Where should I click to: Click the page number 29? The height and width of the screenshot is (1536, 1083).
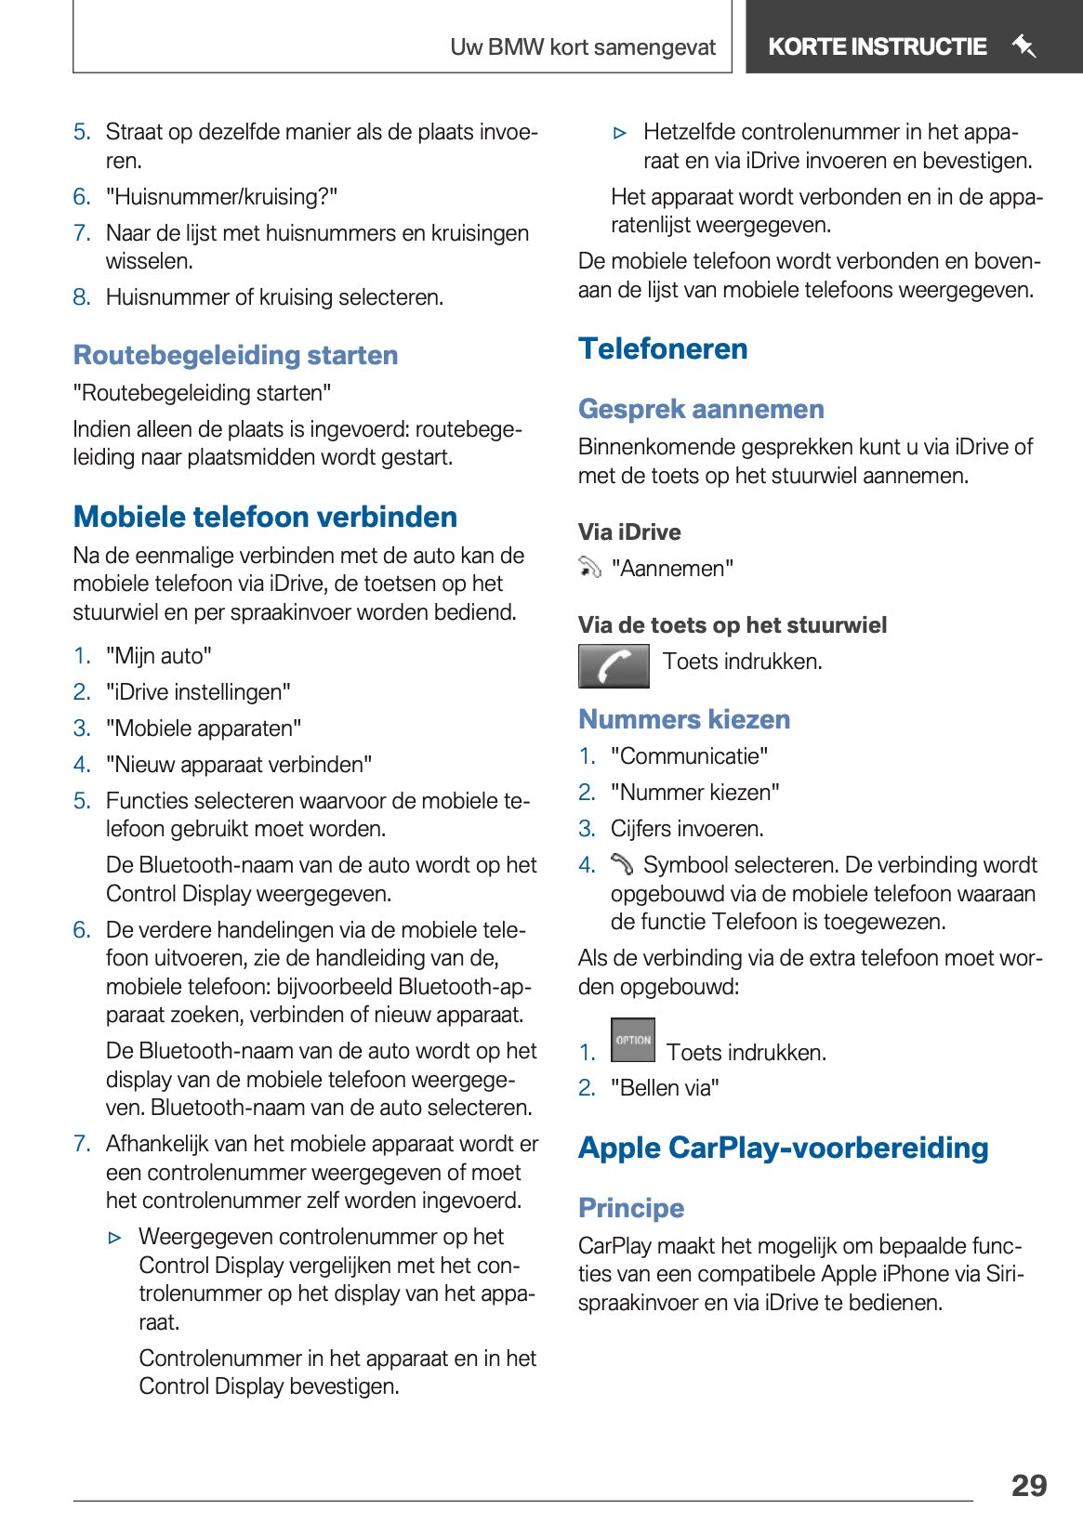pyautogui.click(x=1028, y=1485)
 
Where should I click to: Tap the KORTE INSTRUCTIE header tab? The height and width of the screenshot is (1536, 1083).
pyautogui.click(x=877, y=46)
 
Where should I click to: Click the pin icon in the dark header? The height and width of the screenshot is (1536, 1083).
pyautogui.click(x=1024, y=46)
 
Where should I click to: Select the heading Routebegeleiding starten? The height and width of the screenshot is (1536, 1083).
pyautogui.click(x=235, y=355)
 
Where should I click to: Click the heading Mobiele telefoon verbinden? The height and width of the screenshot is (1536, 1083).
pyautogui.click(x=265, y=517)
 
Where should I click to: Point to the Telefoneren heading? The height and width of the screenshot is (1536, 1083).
pyautogui.click(x=663, y=348)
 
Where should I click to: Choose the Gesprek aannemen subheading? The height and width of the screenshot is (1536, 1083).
pyautogui.click(x=701, y=409)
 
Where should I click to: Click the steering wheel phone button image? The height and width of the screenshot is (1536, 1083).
pyautogui.click(x=614, y=665)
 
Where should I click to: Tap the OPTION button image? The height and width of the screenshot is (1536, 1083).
pyautogui.click(x=633, y=1040)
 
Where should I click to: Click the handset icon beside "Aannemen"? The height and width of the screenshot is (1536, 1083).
pyautogui.click(x=590, y=568)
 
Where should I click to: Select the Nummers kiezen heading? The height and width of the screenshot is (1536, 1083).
pyautogui.click(x=684, y=719)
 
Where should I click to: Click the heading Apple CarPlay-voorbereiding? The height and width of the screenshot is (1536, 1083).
pyautogui.click(x=783, y=1148)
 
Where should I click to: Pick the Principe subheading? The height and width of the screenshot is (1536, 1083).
pyautogui.click(x=631, y=1208)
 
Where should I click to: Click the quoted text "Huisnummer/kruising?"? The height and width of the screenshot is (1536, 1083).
pyautogui.click(x=221, y=197)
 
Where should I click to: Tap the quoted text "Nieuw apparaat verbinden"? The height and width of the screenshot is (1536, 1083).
pyautogui.click(x=239, y=765)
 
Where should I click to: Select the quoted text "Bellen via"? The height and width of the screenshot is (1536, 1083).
pyautogui.click(x=665, y=1088)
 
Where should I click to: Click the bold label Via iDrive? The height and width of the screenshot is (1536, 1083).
pyautogui.click(x=629, y=532)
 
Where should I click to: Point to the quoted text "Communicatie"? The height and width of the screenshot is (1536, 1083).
pyautogui.click(x=690, y=756)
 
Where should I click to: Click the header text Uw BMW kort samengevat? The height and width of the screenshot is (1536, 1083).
pyautogui.click(x=583, y=47)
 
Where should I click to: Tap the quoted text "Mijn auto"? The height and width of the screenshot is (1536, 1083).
pyautogui.click(x=159, y=656)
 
